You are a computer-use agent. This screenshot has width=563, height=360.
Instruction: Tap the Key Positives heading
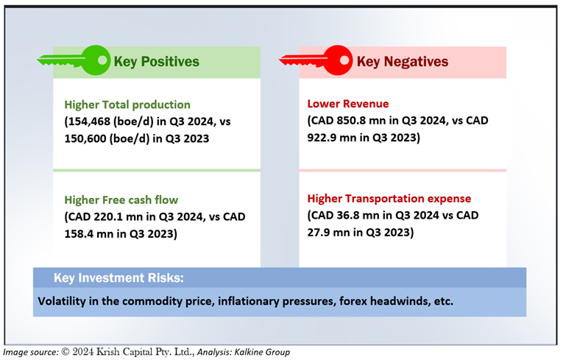tap(156, 61)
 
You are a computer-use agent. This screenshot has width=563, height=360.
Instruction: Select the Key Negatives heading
tap(403, 61)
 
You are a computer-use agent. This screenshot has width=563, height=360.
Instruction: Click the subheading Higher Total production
tap(127, 105)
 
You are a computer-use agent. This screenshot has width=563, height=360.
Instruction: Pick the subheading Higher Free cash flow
tap(121, 200)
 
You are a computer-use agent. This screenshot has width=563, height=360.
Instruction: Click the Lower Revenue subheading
tap(348, 104)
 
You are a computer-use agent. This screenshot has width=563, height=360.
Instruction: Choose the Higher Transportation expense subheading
tap(389, 198)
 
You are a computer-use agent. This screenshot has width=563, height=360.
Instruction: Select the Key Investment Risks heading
tap(118, 278)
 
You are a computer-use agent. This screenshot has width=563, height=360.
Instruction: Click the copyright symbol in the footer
tap(65, 352)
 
